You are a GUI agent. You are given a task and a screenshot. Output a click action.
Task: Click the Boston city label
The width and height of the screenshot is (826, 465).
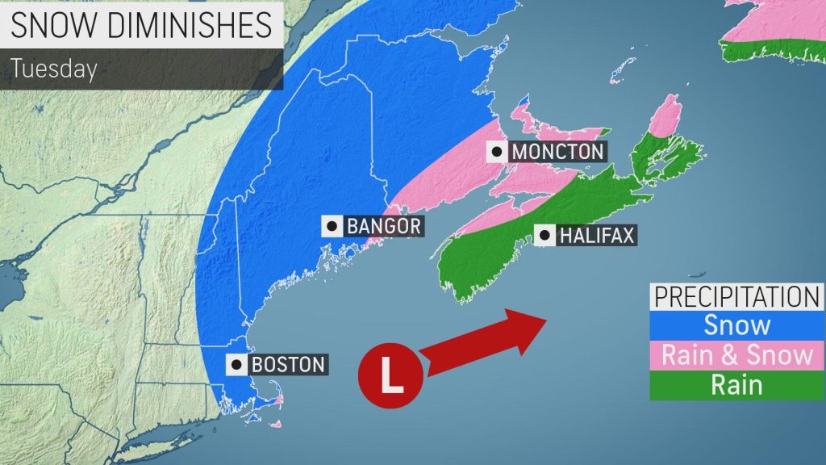tap(288, 364)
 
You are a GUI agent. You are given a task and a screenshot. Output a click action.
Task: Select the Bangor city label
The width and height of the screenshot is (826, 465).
tap(384, 225)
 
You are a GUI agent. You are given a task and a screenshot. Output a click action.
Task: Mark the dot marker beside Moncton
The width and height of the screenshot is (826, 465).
tap(497, 151)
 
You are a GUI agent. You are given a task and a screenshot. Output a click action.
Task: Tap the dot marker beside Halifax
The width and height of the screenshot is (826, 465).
tap(544, 235)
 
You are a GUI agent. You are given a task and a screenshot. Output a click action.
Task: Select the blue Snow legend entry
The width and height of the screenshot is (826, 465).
tap(737, 325)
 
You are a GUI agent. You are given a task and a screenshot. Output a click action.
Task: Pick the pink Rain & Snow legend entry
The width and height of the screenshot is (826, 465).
tap(737, 354)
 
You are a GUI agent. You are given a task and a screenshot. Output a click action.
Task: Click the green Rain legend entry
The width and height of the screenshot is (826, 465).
tap(737, 384)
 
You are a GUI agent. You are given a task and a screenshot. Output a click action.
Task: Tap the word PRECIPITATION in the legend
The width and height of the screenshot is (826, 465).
tap(737, 296)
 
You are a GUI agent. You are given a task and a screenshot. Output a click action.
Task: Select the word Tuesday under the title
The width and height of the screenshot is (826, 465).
tap(53, 69)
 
